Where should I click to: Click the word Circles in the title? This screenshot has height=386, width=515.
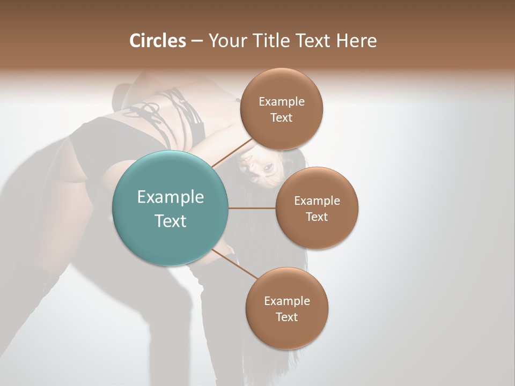pyautogui.click(x=157, y=41)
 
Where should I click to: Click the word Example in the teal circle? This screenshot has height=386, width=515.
pyautogui.click(x=171, y=197)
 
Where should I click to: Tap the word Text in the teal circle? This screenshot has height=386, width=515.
pyautogui.click(x=171, y=221)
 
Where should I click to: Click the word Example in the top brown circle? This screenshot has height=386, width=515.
pyautogui.click(x=282, y=101)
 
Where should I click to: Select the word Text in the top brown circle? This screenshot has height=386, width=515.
pyautogui.click(x=282, y=117)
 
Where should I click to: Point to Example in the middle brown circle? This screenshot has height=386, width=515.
pyautogui.click(x=317, y=201)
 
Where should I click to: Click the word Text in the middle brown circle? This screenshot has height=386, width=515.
pyautogui.click(x=317, y=217)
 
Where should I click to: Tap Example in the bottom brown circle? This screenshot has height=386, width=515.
pyautogui.click(x=287, y=301)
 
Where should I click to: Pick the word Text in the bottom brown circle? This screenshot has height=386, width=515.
pyautogui.click(x=287, y=317)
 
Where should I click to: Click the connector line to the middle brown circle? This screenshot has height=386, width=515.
pyautogui.click(x=252, y=208)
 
